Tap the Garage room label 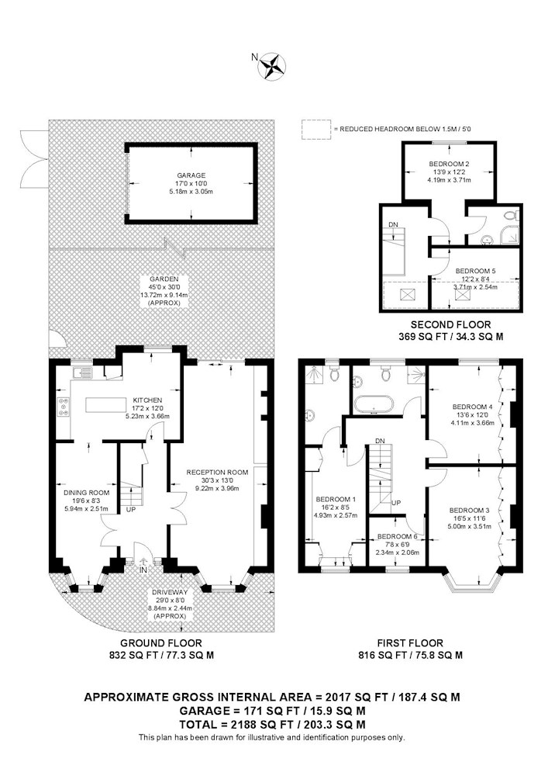click(x=191, y=175)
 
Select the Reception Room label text click(x=217, y=472)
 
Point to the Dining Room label click(x=87, y=493)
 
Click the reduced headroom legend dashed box click(x=316, y=128)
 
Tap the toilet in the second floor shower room click(x=512, y=215)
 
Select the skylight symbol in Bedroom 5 click(x=462, y=294)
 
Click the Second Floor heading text click(x=451, y=324)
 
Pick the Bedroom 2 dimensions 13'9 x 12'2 click(x=449, y=172)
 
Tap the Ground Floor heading click(x=161, y=643)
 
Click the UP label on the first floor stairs click(x=396, y=503)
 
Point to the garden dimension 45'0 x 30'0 click(x=164, y=287)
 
